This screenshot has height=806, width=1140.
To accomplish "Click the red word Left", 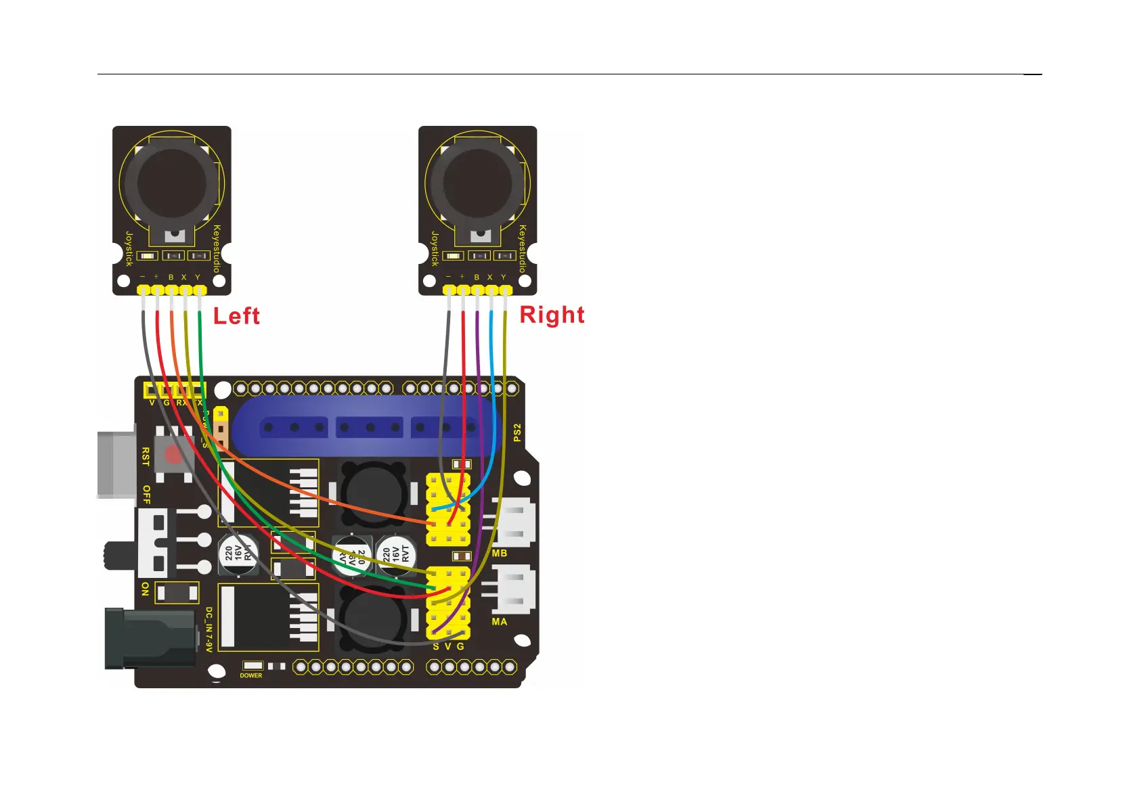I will pos(236,316).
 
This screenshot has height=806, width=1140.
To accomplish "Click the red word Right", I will pos(552,315).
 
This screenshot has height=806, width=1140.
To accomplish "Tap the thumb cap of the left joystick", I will pos(172,181).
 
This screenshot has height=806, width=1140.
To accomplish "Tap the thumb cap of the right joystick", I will pos(478,181).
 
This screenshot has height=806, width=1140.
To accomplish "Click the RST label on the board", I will pos(146,456).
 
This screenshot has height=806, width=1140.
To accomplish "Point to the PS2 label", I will pos(517,433).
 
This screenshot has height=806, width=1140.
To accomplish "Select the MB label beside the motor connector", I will pos(500,554).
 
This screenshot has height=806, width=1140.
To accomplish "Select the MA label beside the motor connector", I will pos(500,621).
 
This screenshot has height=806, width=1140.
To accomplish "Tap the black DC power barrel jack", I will pos(149,638).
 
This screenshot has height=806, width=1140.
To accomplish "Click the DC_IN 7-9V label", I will pos(209,629).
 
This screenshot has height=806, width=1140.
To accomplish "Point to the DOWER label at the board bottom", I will pos(251,675).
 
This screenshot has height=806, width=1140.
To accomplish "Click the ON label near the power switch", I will pos(146,589).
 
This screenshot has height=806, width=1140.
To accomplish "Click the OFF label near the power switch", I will pos(146,495).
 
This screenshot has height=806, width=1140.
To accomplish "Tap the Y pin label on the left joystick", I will pos(198,277).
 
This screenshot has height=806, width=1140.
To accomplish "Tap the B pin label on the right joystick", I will pos(477,277).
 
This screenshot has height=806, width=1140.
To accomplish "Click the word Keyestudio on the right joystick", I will pos(522,249).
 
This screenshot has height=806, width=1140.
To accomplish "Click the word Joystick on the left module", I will pos(129,248).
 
